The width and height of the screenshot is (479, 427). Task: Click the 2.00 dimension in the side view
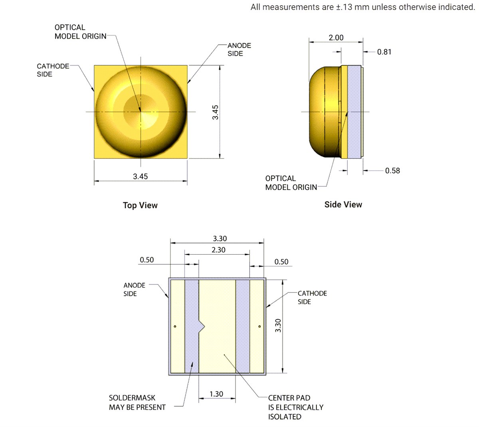pyautogui.click(x=336, y=38)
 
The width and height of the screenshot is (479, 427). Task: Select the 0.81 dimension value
pyautogui.click(x=384, y=52)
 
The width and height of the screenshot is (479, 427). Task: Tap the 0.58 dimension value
pyautogui.click(x=392, y=171)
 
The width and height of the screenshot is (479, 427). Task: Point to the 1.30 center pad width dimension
pyautogui.click(x=216, y=394)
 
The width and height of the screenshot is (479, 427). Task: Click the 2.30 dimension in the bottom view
pyautogui.click(x=218, y=250)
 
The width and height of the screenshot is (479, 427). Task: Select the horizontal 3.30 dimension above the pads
pyautogui.click(x=220, y=239)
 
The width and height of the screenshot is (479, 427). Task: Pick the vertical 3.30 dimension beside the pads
pyautogui.click(x=279, y=325)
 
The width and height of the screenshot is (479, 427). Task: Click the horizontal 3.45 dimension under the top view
pyautogui.click(x=140, y=176)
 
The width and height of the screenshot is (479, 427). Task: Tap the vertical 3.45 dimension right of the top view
pyautogui.click(x=216, y=112)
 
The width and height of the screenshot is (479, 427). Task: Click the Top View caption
pyautogui.click(x=140, y=205)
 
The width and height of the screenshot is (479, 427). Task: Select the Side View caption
pyautogui.click(x=343, y=204)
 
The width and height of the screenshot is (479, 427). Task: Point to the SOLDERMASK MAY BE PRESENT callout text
pyautogui.click(x=137, y=403)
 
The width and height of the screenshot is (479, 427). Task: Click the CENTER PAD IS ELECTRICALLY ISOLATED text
pyautogui.click(x=295, y=407)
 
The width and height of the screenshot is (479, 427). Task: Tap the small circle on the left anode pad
pyautogui.click(x=174, y=327)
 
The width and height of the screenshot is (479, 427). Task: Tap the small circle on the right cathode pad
pyautogui.click(x=259, y=327)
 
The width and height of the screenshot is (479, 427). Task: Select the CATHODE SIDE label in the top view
pyautogui.click(x=53, y=70)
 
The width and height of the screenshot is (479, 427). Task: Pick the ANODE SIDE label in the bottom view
pyautogui.click(x=134, y=289)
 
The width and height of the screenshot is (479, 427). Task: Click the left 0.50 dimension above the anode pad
pyautogui.click(x=146, y=260)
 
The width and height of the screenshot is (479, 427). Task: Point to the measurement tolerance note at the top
pyautogui.click(x=362, y=7)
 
